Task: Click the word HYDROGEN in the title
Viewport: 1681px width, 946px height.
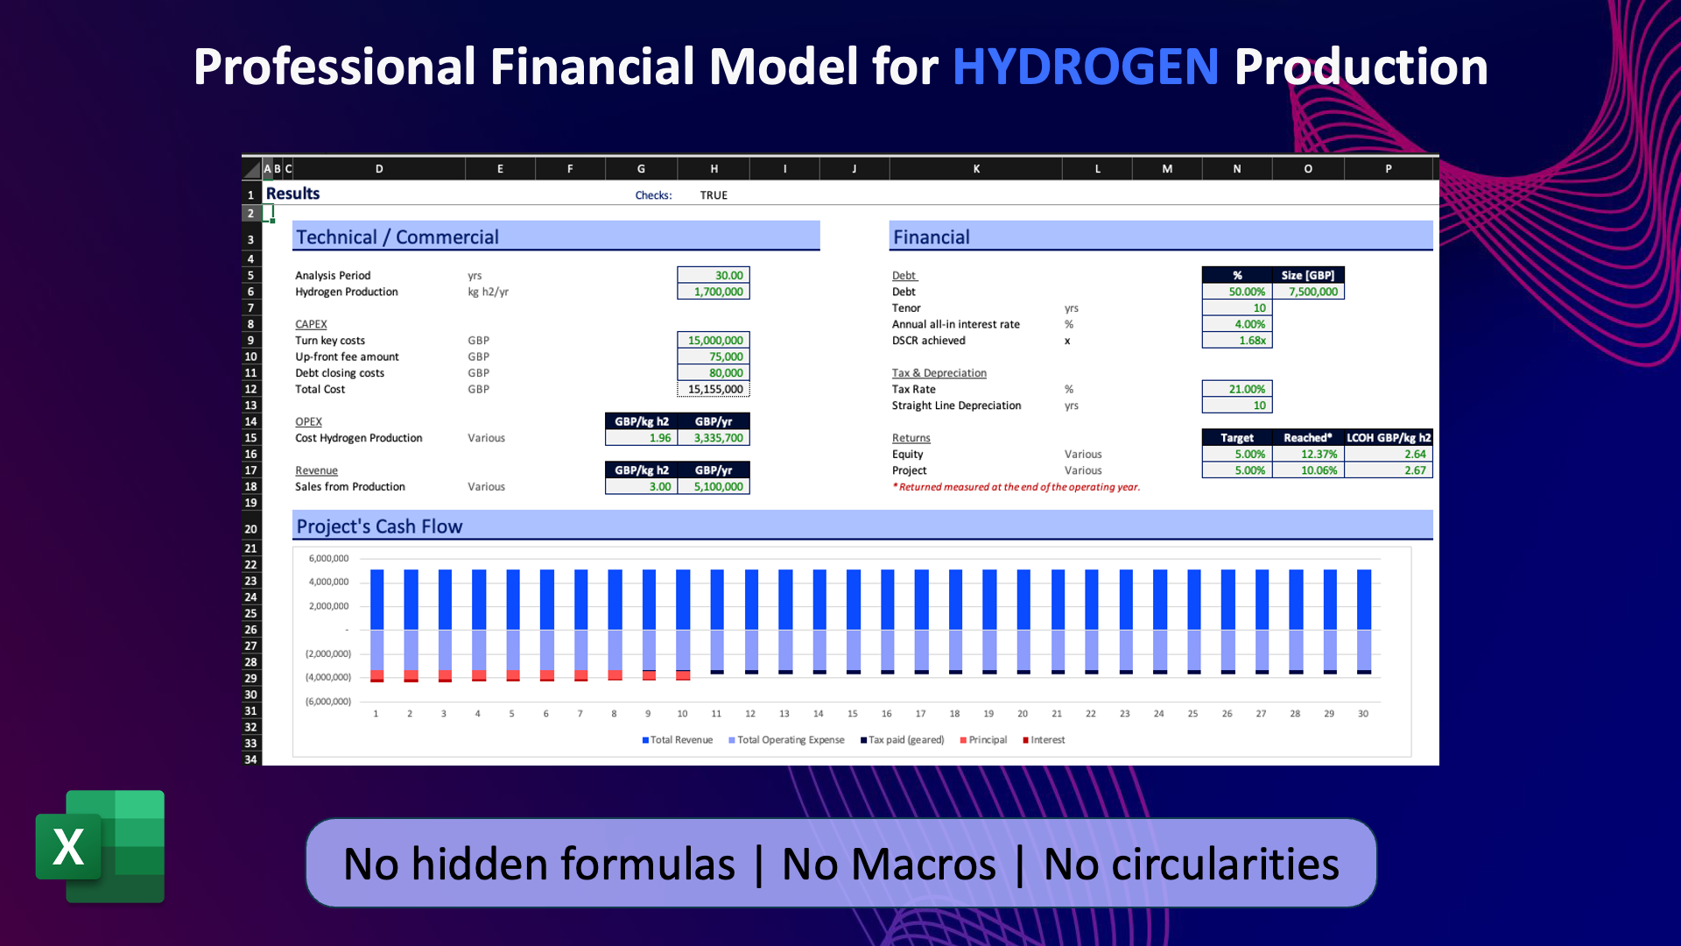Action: (x=1085, y=67)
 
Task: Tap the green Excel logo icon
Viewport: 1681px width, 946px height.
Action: (x=101, y=846)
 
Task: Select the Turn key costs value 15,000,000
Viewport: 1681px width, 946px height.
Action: (x=714, y=341)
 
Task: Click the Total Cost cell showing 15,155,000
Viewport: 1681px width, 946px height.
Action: (x=714, y=390)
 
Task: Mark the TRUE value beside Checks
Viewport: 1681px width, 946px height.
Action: (x=714, y=195)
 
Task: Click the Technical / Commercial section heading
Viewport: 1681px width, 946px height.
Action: (x=397, y=237)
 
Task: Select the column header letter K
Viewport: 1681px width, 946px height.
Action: (x=976, y=169)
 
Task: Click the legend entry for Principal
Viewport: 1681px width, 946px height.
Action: (x=983, y=740)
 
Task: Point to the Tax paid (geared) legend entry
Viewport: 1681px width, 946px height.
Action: (x=902, y=740)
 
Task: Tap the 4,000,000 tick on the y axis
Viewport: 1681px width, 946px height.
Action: (x=328, y=582)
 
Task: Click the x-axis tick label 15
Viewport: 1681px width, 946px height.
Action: (x=853, y=714)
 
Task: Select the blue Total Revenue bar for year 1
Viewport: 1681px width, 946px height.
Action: (x=376, y=600)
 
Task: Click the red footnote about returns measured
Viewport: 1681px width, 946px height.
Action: (x=1016, y=487)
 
